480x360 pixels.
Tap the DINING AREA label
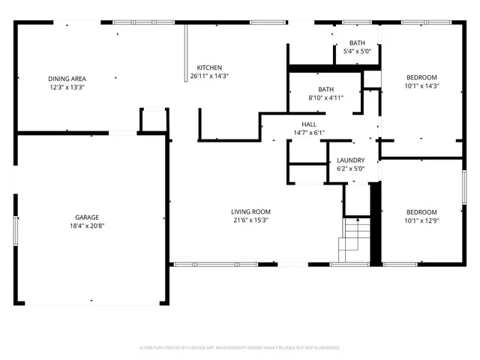(x=67, y=79)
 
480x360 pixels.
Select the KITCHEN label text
(x=209, y=67)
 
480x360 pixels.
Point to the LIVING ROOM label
(x=250, y=211)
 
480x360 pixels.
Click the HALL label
(x=309, y=124)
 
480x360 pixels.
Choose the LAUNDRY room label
(x=350, y=160)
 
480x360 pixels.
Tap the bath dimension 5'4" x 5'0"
(x=357, y=51)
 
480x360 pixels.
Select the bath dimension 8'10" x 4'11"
(x=325, y=97)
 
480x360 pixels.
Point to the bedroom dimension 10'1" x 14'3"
(x=421, y=85)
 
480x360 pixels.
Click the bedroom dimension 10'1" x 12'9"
(x=421, y=220)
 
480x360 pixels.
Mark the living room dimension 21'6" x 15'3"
(x=250, y=220)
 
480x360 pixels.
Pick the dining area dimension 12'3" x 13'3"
(x=67, y=87)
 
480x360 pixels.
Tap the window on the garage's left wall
(x=14, y=225)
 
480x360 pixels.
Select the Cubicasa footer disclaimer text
(x=240, y=348)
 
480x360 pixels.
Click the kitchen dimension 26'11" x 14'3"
(x=209, y=76)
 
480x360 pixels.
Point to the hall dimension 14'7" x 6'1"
(x=309, y=133)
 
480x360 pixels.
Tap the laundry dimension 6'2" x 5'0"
(x=350, y=169)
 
